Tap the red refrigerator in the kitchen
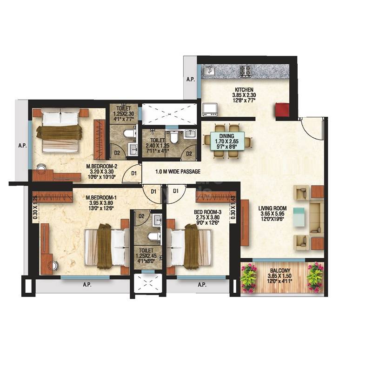click(282, 110)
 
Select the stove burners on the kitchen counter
click(245, 71)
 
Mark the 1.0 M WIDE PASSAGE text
click(178, 172)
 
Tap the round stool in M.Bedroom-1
click(54, 266)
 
